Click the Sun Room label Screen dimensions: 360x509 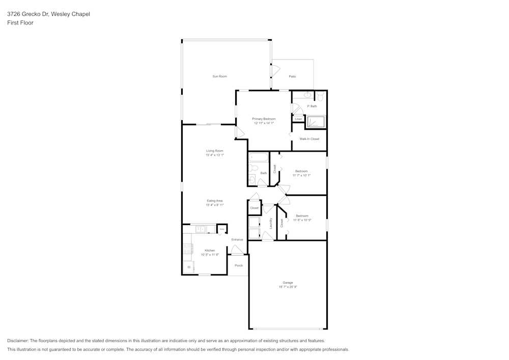point(219,76)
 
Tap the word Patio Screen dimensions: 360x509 point(292,76)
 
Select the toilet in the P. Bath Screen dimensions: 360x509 point(320,96)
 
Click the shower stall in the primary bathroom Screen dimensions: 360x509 point(316,122)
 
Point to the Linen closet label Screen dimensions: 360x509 point(298,119)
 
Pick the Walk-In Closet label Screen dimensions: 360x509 point(309,139)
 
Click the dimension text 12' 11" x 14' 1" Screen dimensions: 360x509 point(264,123)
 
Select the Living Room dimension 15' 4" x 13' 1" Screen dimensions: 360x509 point(214,155)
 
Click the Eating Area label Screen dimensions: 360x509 point(214,201)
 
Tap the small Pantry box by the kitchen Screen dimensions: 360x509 point(221,230)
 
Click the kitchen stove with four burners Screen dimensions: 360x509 point(188,249)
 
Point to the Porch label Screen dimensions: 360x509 point(238,265)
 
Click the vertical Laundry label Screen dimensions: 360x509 point(271,223)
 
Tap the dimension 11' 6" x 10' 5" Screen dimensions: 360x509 point(301,220)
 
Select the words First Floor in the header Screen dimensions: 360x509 point(20,23)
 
